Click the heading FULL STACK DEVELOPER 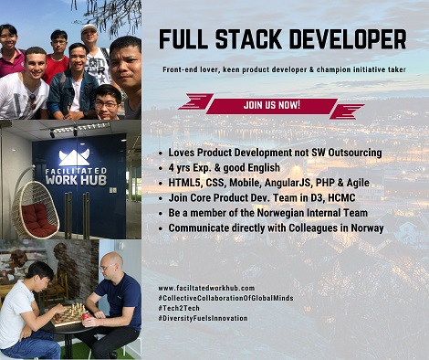(282, 40)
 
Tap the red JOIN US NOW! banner (271, 106)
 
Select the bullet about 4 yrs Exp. (225, 167)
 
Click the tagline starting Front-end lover (283, 69)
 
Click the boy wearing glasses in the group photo (106, 101)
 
